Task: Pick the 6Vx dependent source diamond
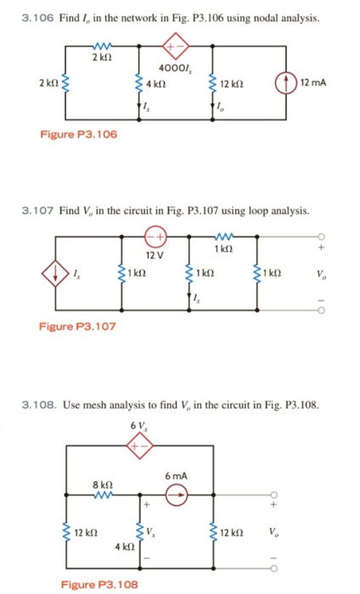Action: [136, 445]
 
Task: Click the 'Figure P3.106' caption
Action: [68, 135]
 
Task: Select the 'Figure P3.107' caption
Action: [68, 324]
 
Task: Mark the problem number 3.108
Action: [38, 404]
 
